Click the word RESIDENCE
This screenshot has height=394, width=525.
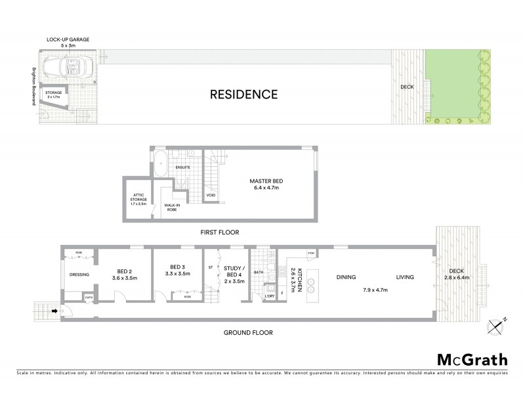click(x=243, y=93)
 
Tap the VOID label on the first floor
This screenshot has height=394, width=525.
click(x=211, y=195)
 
